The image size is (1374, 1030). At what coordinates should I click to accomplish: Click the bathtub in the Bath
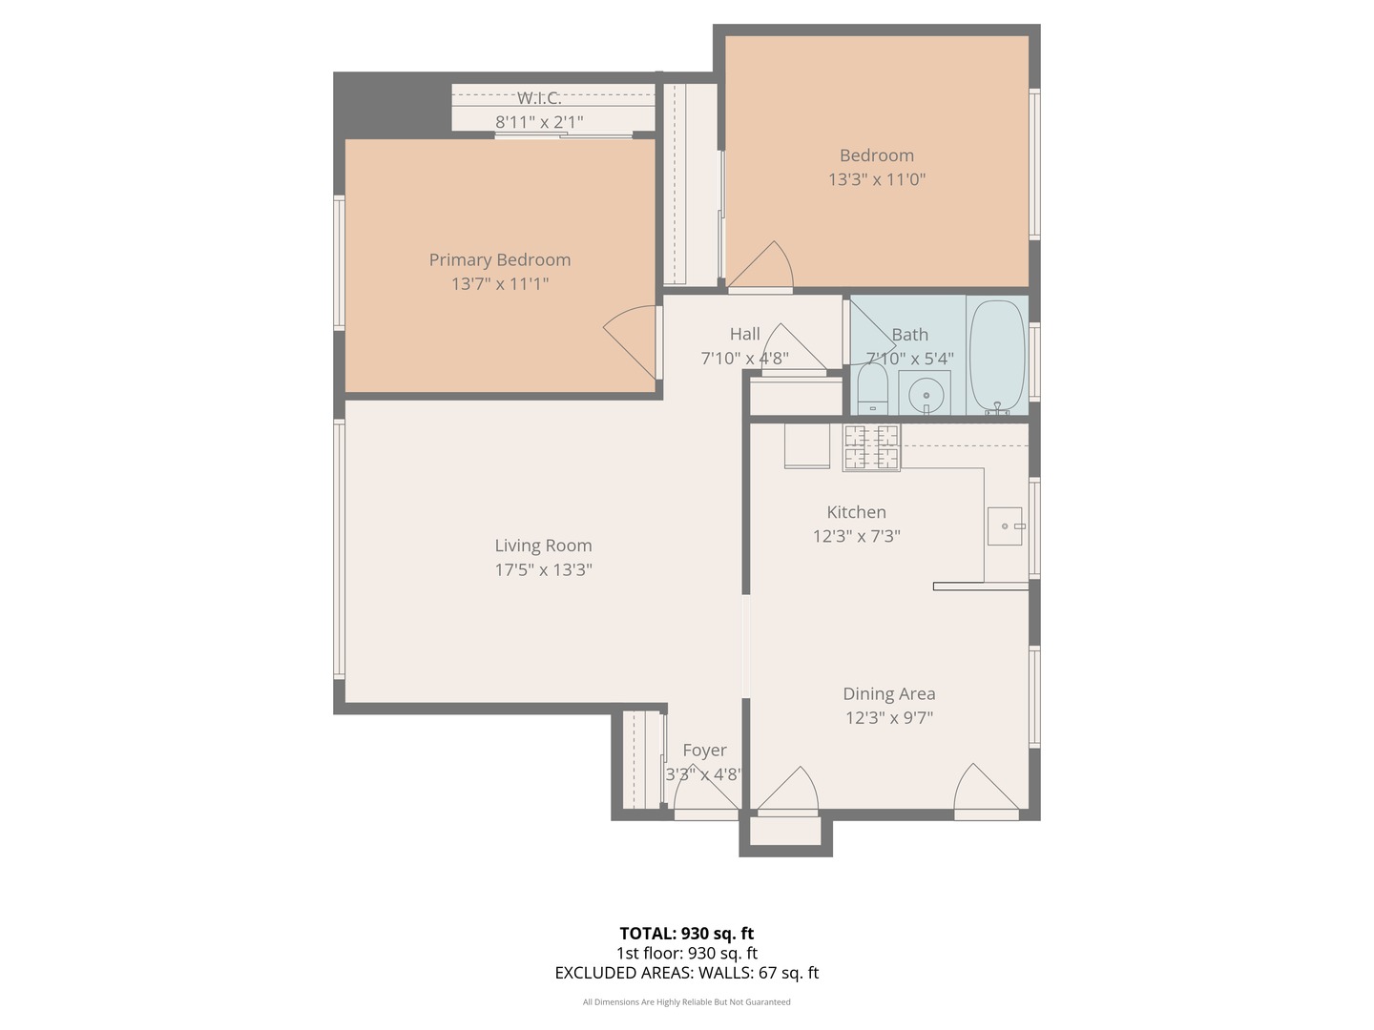pyautogui.click(x=997, y=355)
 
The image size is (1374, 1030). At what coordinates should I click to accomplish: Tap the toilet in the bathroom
pyautogui.click(x=872, y=393)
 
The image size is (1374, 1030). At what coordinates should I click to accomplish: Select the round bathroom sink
pyautogui.click(x=925, y=394)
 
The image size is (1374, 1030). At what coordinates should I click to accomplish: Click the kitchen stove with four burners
pyautogui.click(x=871, y=447)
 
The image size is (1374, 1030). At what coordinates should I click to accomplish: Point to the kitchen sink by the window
pyautogui.click(x=1004, y=525)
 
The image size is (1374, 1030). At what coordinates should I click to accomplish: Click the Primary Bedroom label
pyautogui.click(x=499, y=259)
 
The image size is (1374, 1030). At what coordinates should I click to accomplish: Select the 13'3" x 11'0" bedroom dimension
pyautogui.click(x=876, y=179)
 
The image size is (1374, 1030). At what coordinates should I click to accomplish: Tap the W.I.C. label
pyautogui.click(x=539, y=97)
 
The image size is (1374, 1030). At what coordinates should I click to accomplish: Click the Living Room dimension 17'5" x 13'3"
pyautogui.click(x=543, y=569)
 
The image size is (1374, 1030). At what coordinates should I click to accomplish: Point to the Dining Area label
pyautogui.click(x=888, y=693)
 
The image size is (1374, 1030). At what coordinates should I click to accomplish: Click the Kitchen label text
pyautogui.click(x=856, y=512)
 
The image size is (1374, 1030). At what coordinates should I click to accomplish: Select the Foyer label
pyautogui.click(x=704, y=751)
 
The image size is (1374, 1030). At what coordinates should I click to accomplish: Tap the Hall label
pyautogui.click(x=744, y=334)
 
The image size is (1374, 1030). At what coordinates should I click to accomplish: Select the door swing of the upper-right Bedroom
pyautogui.click(x=763, y=267)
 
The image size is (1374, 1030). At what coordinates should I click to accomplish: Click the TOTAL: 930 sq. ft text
pyautogui.click(x=686, y=934)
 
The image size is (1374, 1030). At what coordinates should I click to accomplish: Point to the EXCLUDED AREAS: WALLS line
pyautogui.click(x=686, y=973)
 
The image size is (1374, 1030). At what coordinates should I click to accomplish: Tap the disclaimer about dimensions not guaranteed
pyautogui.click(x=686, y=1002)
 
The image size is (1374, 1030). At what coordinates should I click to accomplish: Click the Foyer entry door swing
pyautogui.click(x=704, y=792)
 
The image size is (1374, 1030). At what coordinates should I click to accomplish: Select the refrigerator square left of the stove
pyautogui.click(x=807, y=445)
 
